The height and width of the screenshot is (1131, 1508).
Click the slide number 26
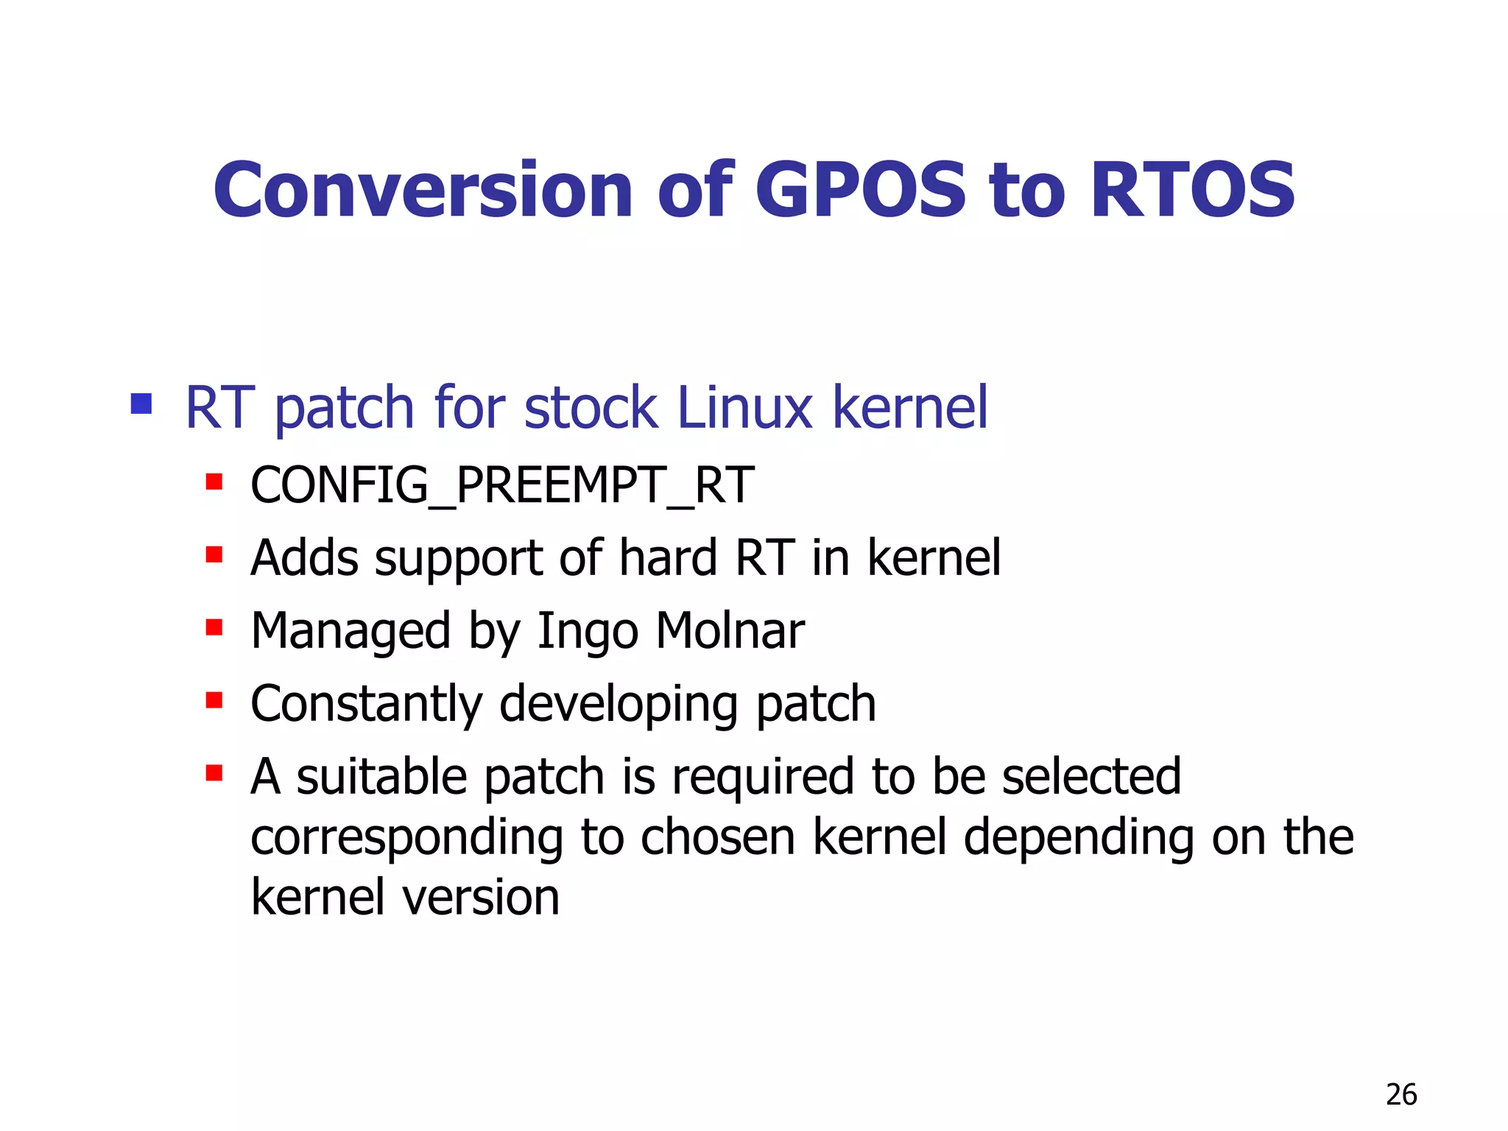pos(1400,1095)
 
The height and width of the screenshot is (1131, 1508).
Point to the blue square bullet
pos(141,404)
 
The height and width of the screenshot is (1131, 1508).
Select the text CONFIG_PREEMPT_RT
pos(502,486)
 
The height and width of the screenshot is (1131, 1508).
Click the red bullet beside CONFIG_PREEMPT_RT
pos(214,482)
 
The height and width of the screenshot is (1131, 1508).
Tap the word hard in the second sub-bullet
pos(667,557)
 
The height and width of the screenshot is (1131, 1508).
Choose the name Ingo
pos(588,632)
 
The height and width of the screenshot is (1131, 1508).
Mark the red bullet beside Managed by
pos(214,627)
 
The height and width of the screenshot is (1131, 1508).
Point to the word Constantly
pos(366,704)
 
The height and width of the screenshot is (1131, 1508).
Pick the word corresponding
pos(406,839)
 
